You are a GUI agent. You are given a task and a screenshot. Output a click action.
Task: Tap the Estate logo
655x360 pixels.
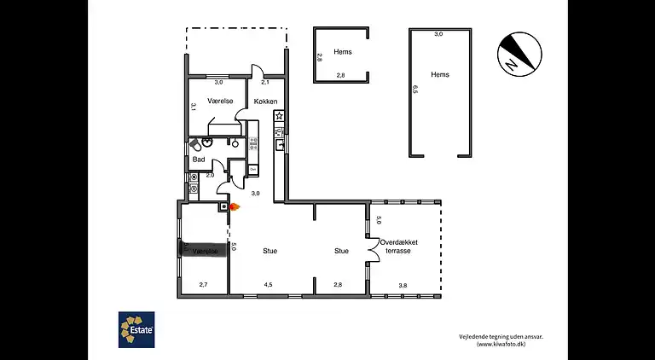click(136, 328)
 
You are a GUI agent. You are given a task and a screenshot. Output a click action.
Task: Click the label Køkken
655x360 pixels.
click(265, 102)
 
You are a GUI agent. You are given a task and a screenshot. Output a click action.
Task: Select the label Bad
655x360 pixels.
click(198, 160)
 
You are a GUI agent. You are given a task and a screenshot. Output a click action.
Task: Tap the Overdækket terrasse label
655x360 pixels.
click(399, 247)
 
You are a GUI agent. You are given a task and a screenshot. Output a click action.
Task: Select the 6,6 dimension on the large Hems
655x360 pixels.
click(416, 88)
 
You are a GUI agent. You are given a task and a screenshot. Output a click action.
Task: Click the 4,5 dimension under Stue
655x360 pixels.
click(268, 285)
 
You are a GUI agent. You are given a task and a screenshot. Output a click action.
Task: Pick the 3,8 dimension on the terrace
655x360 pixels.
click(403, 285)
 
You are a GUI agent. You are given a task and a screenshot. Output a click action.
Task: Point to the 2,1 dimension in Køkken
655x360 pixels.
click(264, 83)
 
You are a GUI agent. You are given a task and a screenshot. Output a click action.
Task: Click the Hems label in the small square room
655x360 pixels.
click(342, 52)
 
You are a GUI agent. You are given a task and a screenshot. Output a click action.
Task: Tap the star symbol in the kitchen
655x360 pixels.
click(278, 116)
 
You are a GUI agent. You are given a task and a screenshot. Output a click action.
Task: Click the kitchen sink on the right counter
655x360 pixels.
click(279, 145)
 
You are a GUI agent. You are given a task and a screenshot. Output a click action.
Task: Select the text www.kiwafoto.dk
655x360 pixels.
click(507, 345)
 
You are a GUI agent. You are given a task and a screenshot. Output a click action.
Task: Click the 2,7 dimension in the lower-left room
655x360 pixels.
click(204, 285)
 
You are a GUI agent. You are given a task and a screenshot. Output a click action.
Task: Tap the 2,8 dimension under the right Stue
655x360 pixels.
click(338, 285)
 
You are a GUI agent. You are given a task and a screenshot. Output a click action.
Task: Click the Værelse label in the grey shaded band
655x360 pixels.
click(206, 252)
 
